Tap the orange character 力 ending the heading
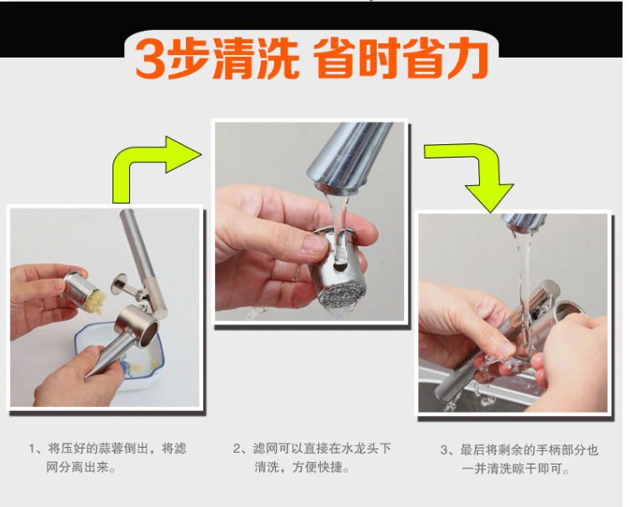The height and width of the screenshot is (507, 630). (467, 58)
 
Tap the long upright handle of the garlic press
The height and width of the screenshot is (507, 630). (143, 261)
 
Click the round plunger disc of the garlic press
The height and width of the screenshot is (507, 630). (119, 284)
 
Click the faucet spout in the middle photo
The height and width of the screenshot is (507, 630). (349, 158)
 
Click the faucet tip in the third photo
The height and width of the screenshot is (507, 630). (524, 223)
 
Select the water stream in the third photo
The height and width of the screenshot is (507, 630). (524, 289)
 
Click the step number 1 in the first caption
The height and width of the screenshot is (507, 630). (32, 449)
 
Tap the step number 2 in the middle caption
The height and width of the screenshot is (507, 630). (237, 449)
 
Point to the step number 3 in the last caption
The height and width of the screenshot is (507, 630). (444, 450)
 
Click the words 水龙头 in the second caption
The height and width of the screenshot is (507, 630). (360, 449)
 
